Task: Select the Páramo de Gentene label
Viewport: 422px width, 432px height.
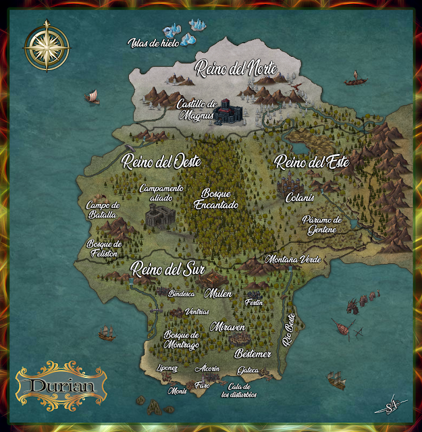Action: [x=323, y=225]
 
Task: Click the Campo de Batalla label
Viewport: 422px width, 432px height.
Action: [x=103, y=210]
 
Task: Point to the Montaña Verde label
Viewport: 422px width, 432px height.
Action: [x=292, y=259]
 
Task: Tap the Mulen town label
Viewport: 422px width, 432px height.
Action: [x=220, y=294]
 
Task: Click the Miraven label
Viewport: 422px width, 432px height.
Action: [x=228, y=327]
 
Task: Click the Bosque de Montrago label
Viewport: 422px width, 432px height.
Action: [x=182, y=340]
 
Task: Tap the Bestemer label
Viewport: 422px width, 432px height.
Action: [x=253, y=354]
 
